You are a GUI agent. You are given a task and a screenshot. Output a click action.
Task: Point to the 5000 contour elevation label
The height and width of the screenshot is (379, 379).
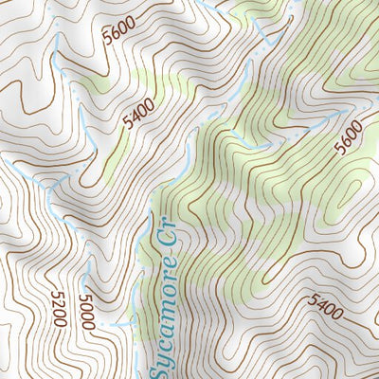88,312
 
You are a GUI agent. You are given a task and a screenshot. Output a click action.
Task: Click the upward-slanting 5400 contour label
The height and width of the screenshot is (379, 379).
137,115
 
